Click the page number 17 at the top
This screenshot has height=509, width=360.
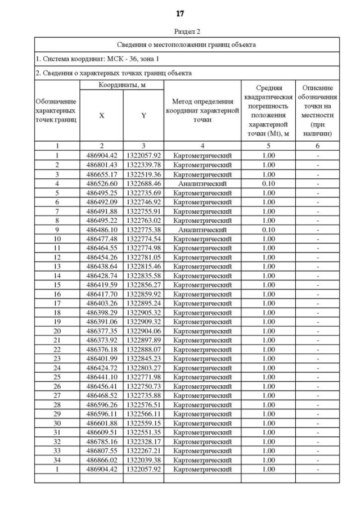point(180,13)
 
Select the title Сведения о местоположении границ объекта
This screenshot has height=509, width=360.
point(187,44)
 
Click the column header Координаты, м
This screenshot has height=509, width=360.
point(121,85)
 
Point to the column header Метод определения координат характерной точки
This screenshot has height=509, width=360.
point(202,110)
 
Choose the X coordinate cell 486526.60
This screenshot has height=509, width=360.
point(101,183)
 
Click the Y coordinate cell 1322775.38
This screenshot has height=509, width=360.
point(143,229)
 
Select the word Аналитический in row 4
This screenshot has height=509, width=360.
point(202,183)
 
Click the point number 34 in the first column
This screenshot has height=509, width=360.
point(57,460)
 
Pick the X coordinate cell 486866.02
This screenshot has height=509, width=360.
point(101,460)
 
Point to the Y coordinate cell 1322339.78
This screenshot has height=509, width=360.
point(143,165)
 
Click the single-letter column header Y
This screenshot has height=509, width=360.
point(143,115)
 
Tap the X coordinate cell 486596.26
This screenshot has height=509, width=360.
point(101,404)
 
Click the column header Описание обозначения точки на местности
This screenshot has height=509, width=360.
point(318,110)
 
